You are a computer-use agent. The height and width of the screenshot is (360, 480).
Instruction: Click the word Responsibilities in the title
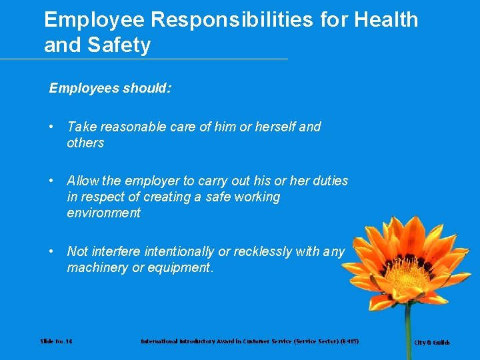click(231, 20)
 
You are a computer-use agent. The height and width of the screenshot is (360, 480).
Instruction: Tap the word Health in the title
click(386, 20)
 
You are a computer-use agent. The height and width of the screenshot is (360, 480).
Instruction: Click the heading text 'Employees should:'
click(110, 88)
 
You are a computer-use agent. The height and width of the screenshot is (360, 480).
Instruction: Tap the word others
click(85, 143)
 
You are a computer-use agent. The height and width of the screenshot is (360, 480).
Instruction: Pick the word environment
click(103, 213)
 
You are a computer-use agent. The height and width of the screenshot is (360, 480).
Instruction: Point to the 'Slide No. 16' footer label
click(57, 341)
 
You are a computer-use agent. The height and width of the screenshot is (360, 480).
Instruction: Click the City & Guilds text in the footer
click(432, 343)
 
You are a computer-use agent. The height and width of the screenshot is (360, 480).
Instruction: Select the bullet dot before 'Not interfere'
click(51, 251)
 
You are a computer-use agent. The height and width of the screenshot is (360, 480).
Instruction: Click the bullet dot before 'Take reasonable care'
click(51, 127)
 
